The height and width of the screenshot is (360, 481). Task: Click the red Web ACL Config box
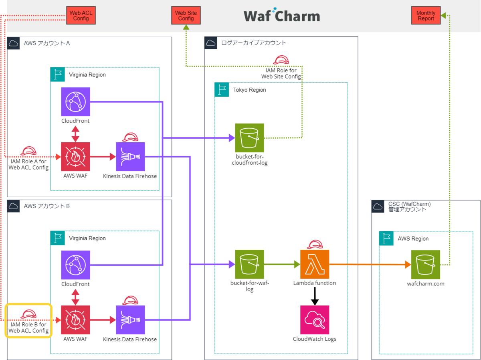point(81,16)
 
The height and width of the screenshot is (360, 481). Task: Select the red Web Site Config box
point(186,16)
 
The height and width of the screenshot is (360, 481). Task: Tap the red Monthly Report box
point(426,16)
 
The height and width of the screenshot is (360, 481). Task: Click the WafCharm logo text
point(282,16)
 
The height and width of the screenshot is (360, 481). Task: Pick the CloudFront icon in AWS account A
point(75,102)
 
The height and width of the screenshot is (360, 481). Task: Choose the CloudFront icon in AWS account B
point(75,265)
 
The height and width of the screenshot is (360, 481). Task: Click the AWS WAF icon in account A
point(75,157)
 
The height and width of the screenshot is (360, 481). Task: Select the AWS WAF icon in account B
point(75,320)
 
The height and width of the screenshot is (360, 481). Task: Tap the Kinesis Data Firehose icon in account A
point(130,157)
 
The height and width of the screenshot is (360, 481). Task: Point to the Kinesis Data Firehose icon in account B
point(130,320)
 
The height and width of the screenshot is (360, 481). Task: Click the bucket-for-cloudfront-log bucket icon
point(249,138)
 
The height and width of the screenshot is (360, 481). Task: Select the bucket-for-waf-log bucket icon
point(249,264)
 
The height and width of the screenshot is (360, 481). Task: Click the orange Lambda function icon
point(315,264)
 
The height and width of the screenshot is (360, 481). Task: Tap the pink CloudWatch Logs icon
point(315,320)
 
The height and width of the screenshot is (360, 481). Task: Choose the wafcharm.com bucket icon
point(426,265)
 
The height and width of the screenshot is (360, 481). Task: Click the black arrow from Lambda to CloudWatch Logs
point(315,295)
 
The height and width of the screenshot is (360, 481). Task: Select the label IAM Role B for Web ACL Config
point(28,328)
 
